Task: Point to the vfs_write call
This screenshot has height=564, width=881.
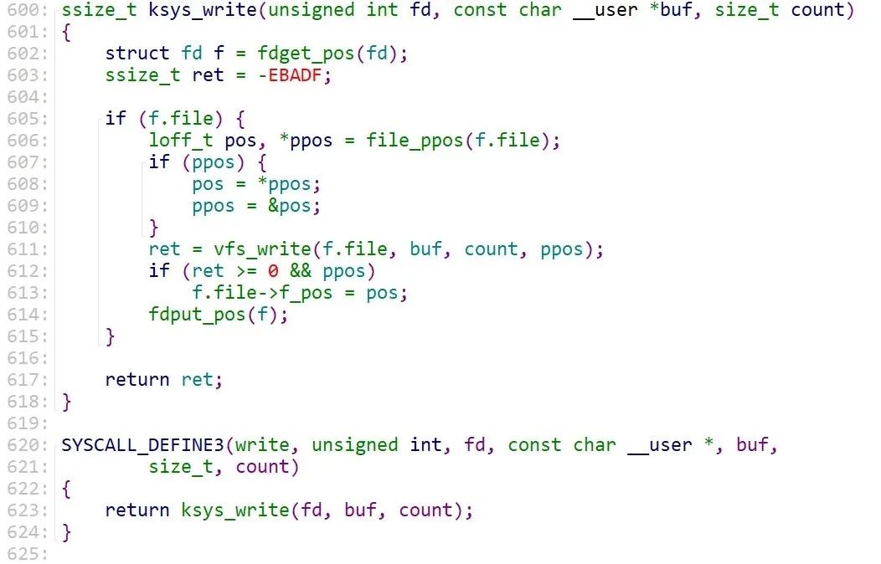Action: pyautogui.click(x=236, y=249)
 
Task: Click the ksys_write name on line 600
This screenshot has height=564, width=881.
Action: pyautogui.click(x=181, y=10)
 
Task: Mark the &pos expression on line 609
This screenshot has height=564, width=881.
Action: pyautogui.click(x=296, y=206)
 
